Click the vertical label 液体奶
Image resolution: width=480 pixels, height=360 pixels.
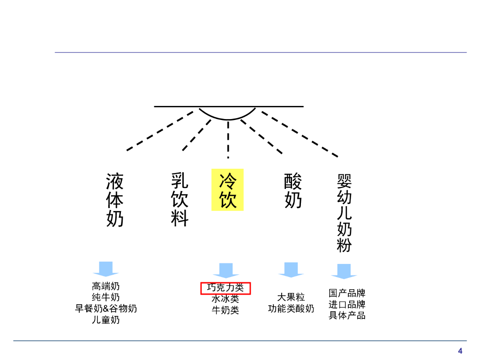115,200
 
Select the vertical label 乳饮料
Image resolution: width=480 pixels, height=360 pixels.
180,199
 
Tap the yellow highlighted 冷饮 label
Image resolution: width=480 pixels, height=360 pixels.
228,190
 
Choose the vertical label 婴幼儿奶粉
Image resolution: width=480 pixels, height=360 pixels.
344,213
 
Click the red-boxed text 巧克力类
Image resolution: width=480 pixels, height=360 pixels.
226,288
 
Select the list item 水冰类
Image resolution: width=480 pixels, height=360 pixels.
225,299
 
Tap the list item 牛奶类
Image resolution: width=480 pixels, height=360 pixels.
225,310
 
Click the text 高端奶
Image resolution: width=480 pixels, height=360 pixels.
106,286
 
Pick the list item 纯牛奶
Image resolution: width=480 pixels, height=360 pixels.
106,297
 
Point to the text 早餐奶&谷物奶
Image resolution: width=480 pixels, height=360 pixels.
106,308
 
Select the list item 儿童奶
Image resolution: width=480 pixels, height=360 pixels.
106,320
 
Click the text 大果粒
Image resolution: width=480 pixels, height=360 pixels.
291,297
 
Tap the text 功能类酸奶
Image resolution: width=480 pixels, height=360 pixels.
291,308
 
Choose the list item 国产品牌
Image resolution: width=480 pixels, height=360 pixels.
347,293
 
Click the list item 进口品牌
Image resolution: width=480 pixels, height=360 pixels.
347,304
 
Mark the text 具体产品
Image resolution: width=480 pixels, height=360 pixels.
347,315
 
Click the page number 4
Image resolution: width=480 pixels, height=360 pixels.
460,351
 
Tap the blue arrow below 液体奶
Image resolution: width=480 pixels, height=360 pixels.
106,269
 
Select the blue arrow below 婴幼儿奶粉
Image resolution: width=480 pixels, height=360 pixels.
344,271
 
